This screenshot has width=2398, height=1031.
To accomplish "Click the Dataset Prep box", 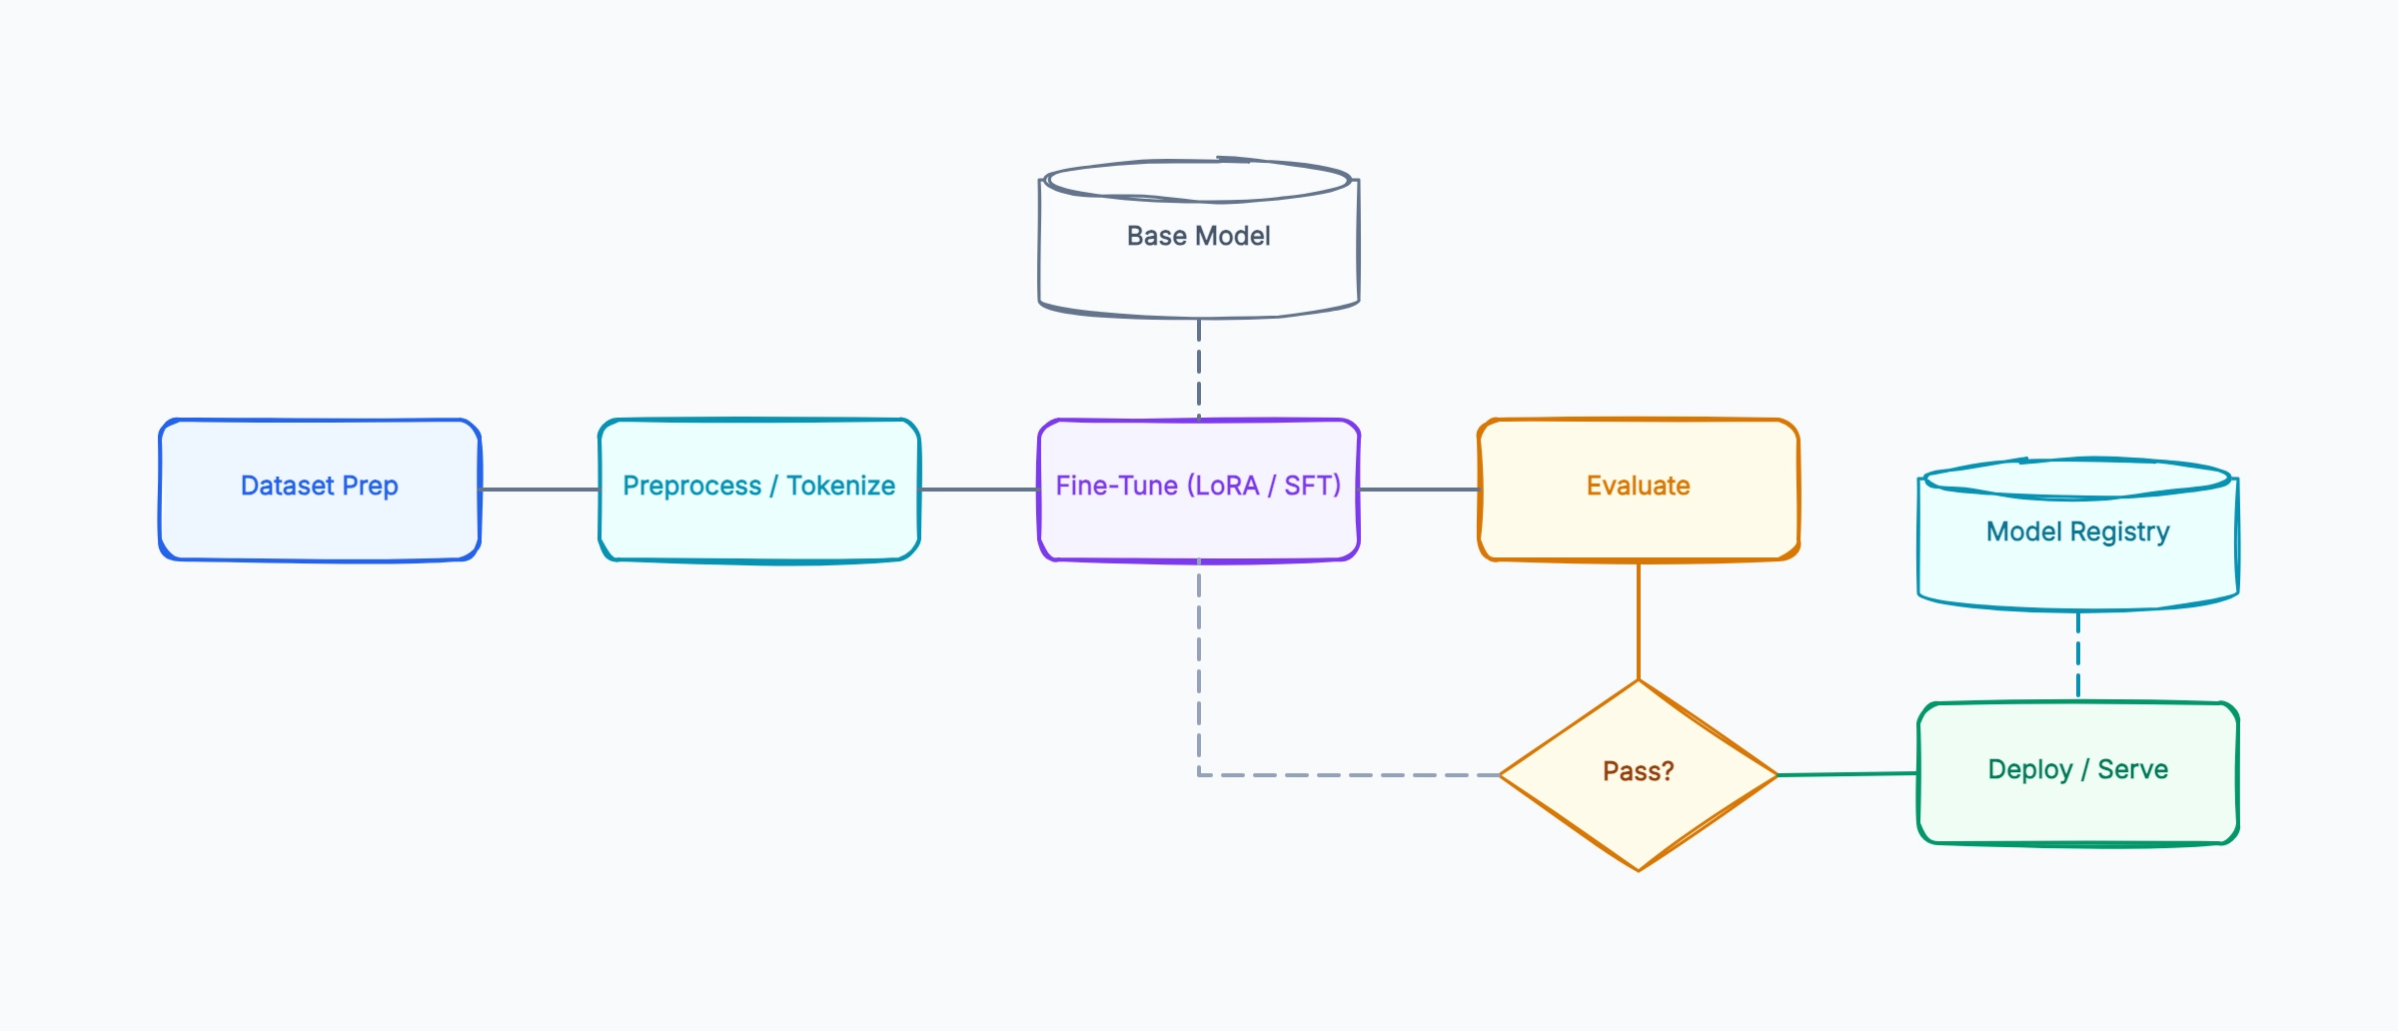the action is [320, 490].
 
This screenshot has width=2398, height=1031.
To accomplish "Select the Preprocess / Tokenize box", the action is [759, 490].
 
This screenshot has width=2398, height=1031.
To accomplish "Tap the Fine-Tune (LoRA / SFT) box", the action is [1199, 490].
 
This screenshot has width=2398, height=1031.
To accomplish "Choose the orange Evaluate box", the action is [1639, 490].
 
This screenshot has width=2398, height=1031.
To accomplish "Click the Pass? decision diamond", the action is [1639, 775].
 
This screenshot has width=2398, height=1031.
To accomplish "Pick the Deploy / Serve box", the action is [2078, 773].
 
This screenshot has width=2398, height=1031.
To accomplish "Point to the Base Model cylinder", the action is [1199, 238].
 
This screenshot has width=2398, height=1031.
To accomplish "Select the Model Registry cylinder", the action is [2078, 533].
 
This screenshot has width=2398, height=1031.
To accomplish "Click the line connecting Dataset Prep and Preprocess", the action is [540, 490].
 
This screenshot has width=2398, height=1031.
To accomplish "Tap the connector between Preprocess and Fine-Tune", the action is [979, 490].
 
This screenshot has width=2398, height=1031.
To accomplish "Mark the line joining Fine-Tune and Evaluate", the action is [1419, 490].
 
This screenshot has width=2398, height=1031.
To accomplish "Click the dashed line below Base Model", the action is [1199, 369].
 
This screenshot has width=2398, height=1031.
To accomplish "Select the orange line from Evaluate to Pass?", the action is [1639, 620].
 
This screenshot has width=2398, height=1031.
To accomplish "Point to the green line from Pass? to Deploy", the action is [1848, 774].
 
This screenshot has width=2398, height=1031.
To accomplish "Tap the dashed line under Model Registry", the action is [2078, 656].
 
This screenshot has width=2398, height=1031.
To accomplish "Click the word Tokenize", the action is [840, 486].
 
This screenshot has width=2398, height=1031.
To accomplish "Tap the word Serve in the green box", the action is [2132, 769].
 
